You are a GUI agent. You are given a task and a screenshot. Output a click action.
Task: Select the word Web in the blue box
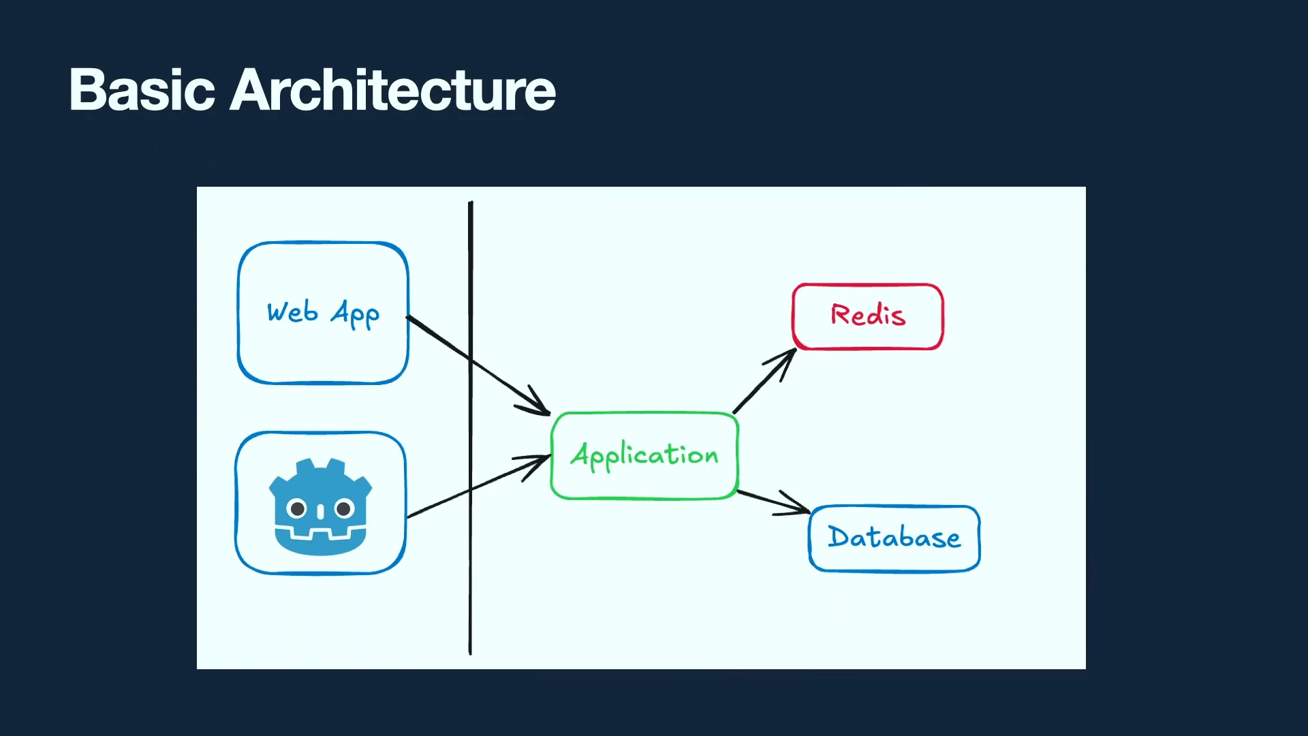[292, 311]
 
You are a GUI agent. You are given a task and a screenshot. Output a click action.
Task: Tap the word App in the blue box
[355, 314]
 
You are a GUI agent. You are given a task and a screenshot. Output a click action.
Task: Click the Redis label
[868, 315]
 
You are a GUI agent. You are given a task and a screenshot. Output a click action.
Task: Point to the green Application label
[644, 455]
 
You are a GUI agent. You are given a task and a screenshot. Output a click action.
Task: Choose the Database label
[894, 537]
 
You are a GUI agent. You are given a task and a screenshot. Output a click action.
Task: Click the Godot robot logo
[320, 506]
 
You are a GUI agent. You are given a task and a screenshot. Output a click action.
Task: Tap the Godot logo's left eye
[297, 508]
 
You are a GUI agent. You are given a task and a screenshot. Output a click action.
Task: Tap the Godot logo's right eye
[344, 508]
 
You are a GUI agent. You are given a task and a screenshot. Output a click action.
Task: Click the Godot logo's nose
[320, 512]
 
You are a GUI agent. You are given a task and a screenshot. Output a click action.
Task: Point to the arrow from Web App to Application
[478, 366]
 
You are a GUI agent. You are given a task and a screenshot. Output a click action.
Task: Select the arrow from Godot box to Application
[479, 486]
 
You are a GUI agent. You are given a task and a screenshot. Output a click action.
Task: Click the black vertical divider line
[470, 428]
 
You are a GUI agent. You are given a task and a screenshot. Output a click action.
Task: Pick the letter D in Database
[838, 536]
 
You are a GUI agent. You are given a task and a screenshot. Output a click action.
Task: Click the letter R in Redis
[840, 314]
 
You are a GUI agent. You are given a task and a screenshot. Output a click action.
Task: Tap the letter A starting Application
[580, 454]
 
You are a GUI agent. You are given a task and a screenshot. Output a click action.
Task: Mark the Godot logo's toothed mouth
[320, 532]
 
